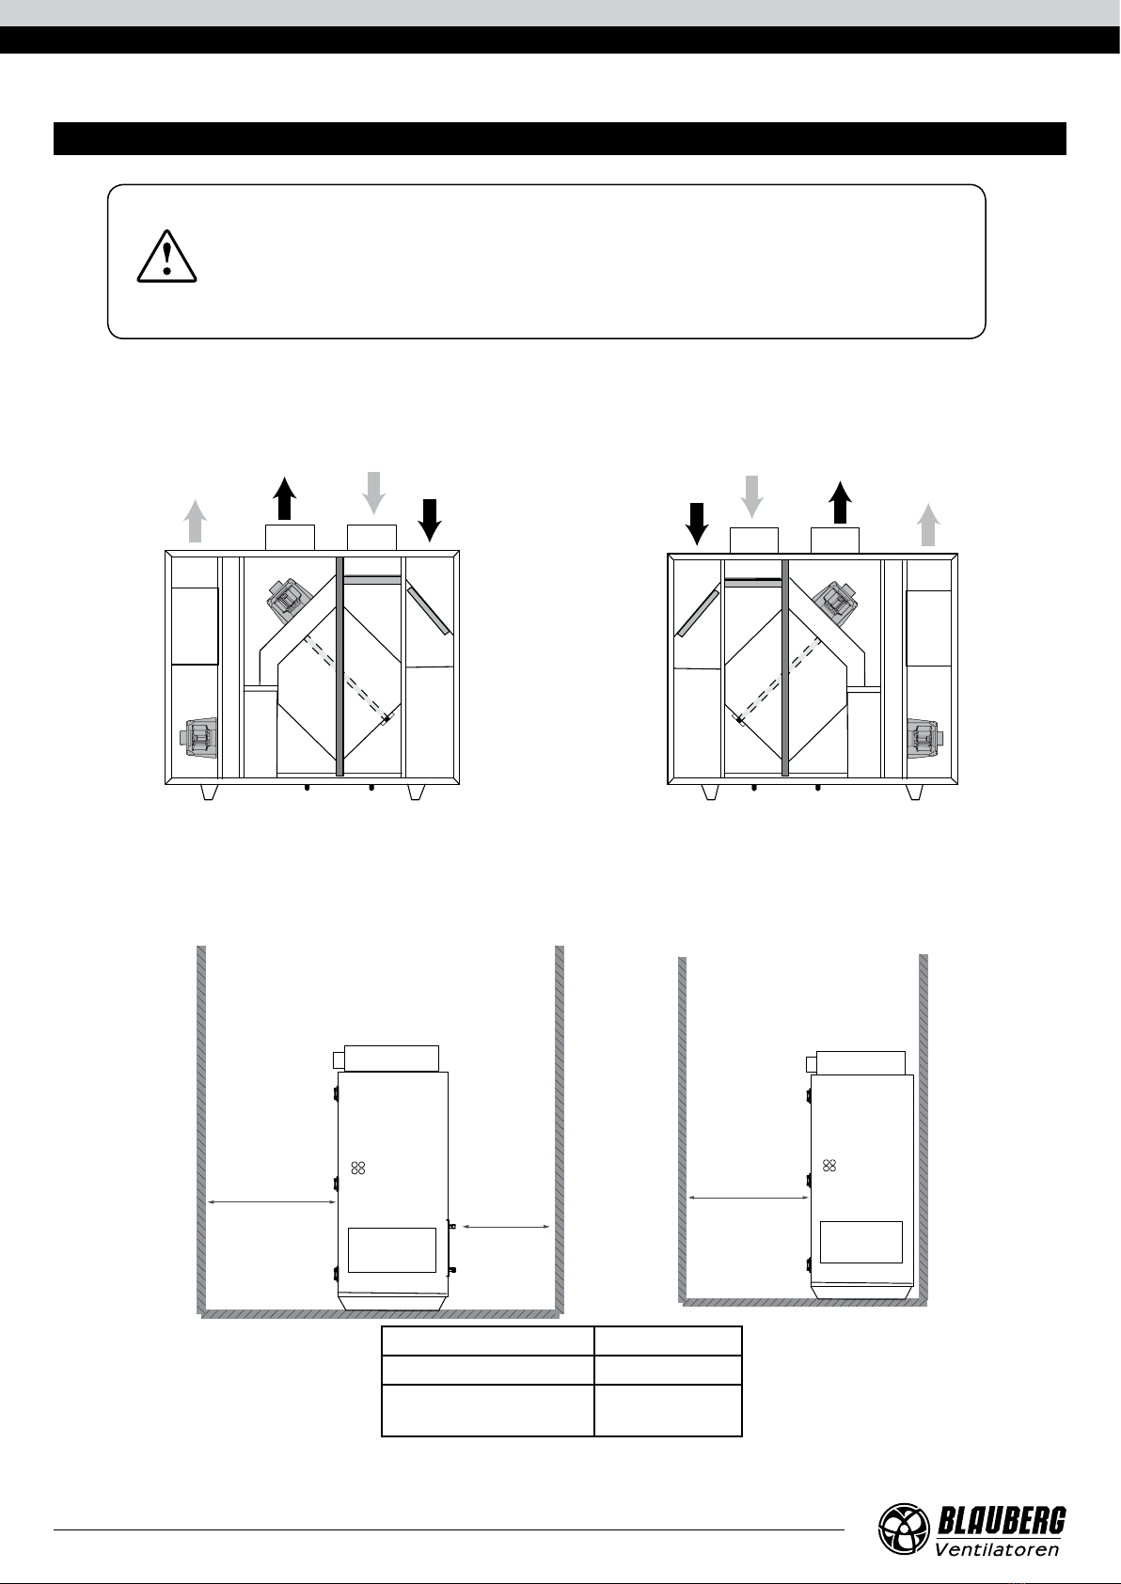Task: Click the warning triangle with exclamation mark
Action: (166, 257)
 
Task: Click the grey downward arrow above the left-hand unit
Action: (373, 493)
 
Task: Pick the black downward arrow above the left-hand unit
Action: (429, 520)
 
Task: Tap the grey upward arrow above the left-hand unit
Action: (195, 521)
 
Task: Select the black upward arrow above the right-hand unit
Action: (840, 502)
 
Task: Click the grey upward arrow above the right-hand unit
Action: (928, 525)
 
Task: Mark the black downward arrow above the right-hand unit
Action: (698, 524)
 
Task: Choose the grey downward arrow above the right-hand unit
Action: (751, 497)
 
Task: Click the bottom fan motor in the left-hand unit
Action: (198, 738)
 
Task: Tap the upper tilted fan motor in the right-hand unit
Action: (837, 604)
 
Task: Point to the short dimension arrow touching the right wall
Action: (506, 1227)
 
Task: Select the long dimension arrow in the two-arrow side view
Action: (272, 1201)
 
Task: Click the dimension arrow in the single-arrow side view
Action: (749, 1198)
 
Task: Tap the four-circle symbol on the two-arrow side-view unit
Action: (358, 1168)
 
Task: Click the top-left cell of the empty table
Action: (488, 1341)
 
